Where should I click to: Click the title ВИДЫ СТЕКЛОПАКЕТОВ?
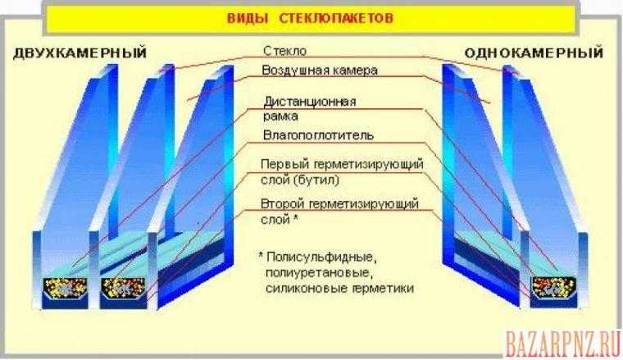[x=310, y=18]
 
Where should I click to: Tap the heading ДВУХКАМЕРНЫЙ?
[x=80, y=52]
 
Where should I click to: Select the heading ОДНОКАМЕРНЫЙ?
[x=534, y=52]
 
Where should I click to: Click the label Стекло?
[x=284, y=51]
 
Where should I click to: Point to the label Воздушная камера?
[x=320, y=71]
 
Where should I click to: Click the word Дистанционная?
[x=310, y=102]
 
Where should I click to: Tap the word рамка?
[x=280, y=116]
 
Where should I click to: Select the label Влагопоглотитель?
[x=318, y=135]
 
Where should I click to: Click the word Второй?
[x=282, y=204]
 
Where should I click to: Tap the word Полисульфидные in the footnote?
[x=321, y=257]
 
